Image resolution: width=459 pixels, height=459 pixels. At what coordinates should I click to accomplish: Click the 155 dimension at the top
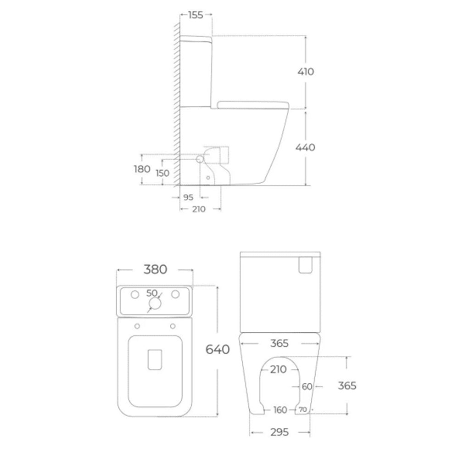(196, 15)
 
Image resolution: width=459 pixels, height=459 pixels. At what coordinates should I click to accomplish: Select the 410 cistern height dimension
(306, 72)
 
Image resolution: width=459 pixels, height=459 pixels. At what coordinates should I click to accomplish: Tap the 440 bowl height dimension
(305, 147)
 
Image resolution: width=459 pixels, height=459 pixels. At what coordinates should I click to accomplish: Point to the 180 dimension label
(142, 169)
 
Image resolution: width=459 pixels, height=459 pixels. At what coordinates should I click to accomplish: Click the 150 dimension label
(162, 173)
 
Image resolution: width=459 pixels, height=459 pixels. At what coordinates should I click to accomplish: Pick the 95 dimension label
(188, 197)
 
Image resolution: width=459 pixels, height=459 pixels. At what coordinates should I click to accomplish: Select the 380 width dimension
(155, 269)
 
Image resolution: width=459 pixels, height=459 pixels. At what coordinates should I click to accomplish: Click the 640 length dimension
(218, 349)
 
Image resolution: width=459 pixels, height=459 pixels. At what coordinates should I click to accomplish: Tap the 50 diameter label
(151, 293)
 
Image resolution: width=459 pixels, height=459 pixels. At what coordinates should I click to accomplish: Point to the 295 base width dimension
(280, 432)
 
